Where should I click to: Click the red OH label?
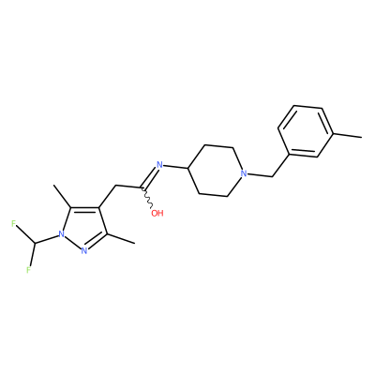click(157, 214)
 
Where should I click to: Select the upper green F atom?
click(14, 224)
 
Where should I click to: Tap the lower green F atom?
click(28, 270)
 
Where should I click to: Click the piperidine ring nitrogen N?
click(244, 173)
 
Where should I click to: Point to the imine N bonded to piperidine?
click(159, 165)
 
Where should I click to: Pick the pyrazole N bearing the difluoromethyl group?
click(62, 233)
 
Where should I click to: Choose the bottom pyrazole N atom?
click(83, 250)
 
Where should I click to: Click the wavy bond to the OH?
click(147, 198)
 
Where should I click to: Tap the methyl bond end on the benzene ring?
click(362, 137)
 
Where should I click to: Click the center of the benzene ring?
click(306, 131)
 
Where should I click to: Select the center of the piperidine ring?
click(216, 171)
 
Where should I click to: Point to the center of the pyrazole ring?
click(82, 227)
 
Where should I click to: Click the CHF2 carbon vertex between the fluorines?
click(35, 243)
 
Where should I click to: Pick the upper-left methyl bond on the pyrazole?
click(63, 196)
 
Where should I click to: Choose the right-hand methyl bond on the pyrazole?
click(121, 238)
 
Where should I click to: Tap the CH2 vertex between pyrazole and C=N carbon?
click(115, 186)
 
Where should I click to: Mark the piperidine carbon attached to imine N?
click(187, 169)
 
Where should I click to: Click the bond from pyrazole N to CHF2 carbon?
click(47, 239)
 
